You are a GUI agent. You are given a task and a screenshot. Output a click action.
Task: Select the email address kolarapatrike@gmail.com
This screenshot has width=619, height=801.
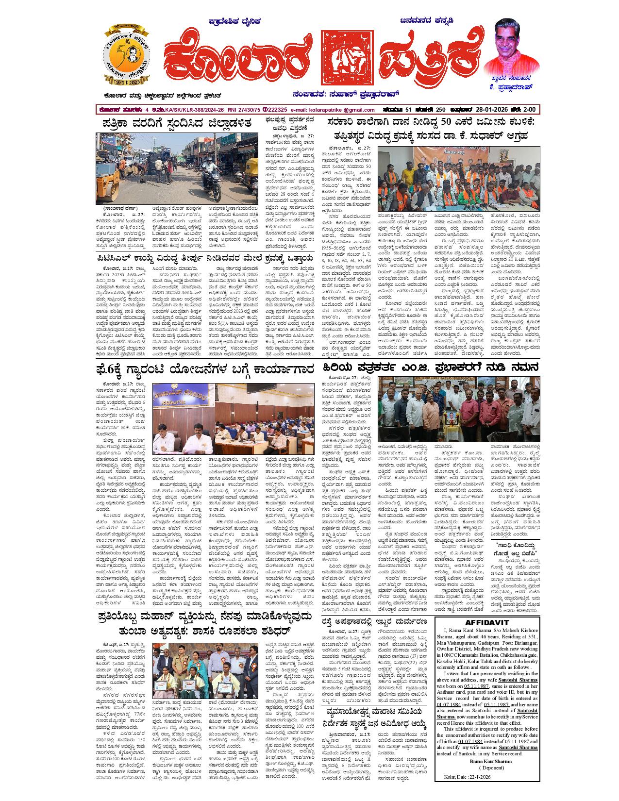(x=335, y=110)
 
